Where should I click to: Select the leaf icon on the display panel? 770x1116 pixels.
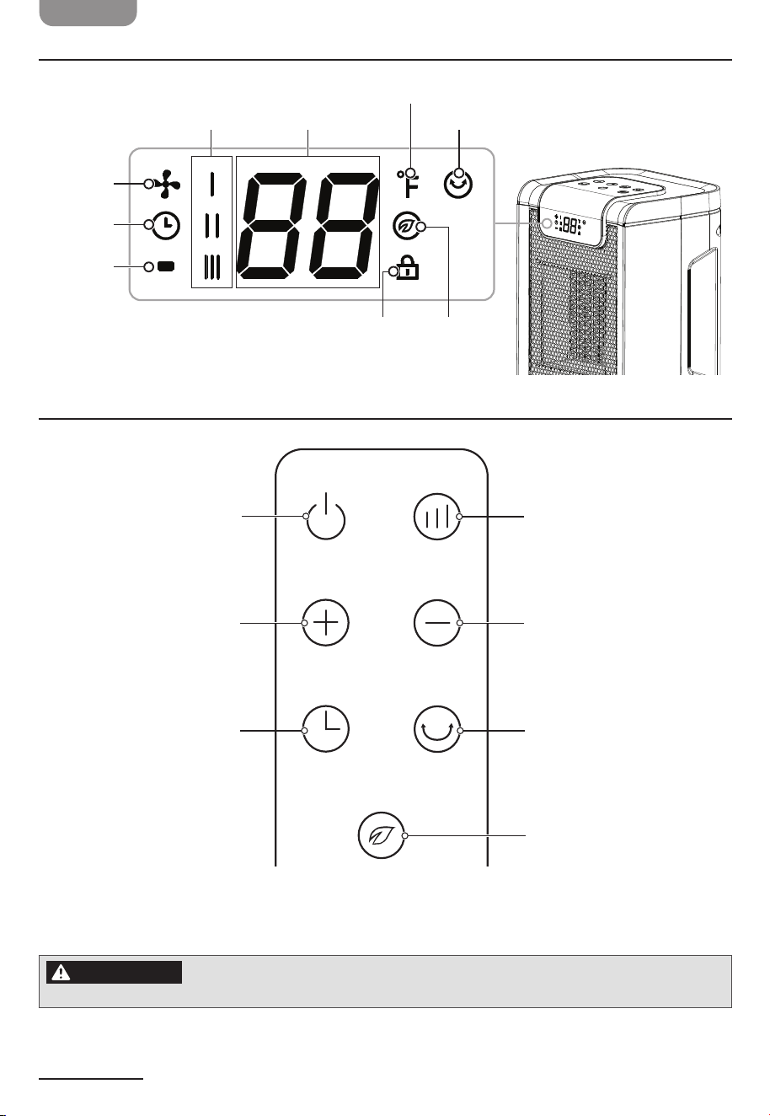pyautogui.click(x=404, y=225)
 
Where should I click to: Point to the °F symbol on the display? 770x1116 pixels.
pyautogui.click(x=408, y=184)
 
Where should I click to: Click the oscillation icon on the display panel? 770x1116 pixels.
pyautogui.click(x=457, y=184)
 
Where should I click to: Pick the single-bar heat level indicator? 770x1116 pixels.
pyautogui.click(x=211, y=185)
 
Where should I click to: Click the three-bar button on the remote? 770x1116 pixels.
pyautogui.click(x=436, y=517)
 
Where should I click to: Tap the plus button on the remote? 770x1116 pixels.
pyautogui.click(x=325, y=623)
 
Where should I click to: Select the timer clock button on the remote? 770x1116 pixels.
pyautogui.click(x=325, y=729)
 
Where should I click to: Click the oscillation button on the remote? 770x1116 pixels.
pyautogui.click(x=436, y=729)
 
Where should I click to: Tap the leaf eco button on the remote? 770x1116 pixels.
pyautogui.click(x=381, y=835)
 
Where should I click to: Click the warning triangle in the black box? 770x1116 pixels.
pyautogui.click(x=61, y=972)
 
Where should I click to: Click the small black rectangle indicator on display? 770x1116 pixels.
pyautogui.click(x=166, y=266)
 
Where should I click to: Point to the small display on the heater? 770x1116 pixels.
pyautogui.click(x=569, y=225)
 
